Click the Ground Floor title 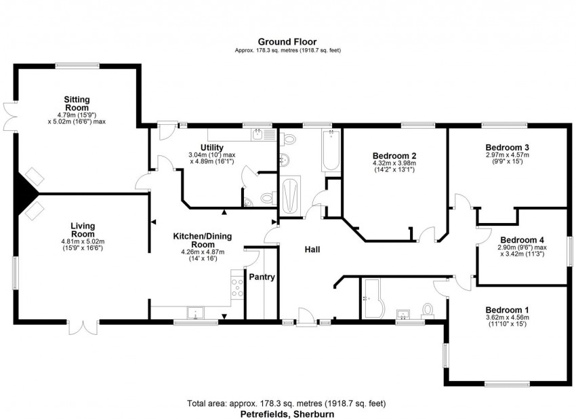287,41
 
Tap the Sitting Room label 77,103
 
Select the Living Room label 83,230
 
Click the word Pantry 262,277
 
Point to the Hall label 312,250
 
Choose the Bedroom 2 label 394,155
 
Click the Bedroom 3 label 508,147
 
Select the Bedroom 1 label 508,310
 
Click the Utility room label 212,148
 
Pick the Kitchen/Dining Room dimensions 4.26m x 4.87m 203,252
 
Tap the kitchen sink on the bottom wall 196,313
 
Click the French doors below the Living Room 83,327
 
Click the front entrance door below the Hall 306,317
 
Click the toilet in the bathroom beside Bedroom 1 428,311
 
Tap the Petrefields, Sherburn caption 287,414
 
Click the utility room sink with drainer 264,134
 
